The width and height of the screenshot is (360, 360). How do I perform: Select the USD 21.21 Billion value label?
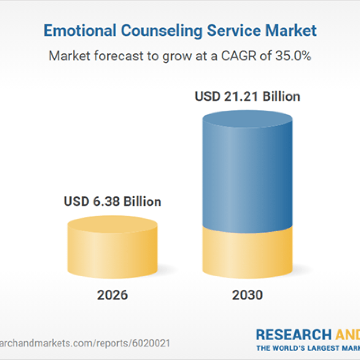247,96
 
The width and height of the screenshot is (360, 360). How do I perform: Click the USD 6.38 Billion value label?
112,201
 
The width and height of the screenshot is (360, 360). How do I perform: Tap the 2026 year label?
112,295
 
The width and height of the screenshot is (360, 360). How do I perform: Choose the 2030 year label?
247,295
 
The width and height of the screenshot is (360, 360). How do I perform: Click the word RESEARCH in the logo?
293,334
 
